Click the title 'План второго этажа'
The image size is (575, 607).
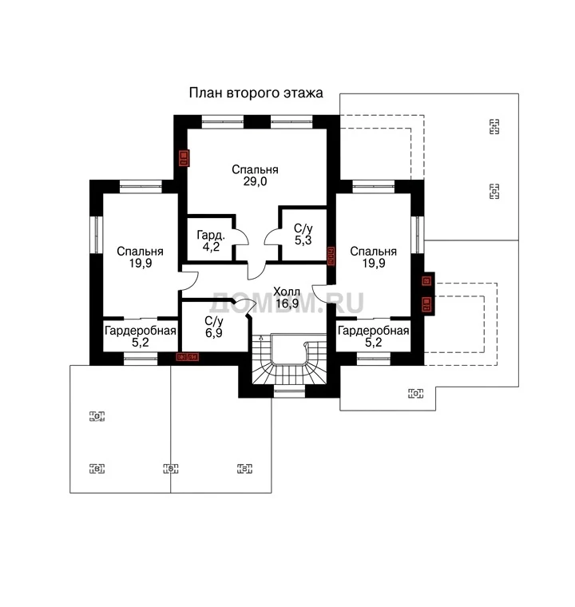click(x=256, y=93)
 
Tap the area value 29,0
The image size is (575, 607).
click(x=256, y=181)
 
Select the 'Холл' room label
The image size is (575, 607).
click(x=287, y=292)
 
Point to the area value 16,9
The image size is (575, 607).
click(x=287, y=303)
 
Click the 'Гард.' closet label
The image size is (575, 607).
click(x=211, y=235)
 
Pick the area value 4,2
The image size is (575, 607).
click(x=211, y=247)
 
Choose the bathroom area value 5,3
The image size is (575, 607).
click(x=303, y=240)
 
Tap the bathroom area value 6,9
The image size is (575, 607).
click(x=214, y=333)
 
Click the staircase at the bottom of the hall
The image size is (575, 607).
click(x=289, y=359)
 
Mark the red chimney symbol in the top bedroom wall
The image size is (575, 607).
click(x=184, y=158)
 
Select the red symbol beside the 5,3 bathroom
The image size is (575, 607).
click(x=331, y=256)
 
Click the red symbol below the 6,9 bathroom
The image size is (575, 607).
click(x=188, y=356)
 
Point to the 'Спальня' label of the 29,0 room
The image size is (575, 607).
click(x=256, y=169)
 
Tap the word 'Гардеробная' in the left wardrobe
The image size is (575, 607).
click(x=141, y=331)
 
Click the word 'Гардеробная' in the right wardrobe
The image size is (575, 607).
click(x=374, y=331)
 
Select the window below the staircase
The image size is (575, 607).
click(x=289, y=391)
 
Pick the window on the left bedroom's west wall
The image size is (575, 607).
click(x=97, y=235)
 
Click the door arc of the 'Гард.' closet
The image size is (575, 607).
click(x=242, y=236)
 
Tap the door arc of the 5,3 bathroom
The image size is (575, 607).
click(x=272, y=236)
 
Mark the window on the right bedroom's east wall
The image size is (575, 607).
click(x=418, y=235)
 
